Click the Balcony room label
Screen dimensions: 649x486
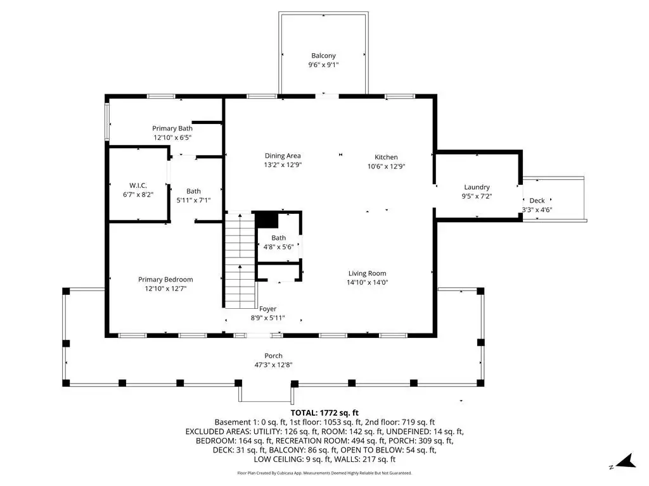pyautogui.click(x=323, y=56)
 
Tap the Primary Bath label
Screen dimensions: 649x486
pyautogui.click(x=172, y=128)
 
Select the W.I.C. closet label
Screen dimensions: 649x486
pyautogui.click(x=138, y=185)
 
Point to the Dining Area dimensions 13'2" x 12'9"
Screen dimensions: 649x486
pyautogui.click(x=283, y=165)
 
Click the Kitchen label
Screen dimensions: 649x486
pyautogui.click(x=386, y=157)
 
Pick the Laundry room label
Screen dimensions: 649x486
pyautogui.click(x=477, y=187)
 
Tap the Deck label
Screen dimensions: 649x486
pyautogui.click(x=537, y=201)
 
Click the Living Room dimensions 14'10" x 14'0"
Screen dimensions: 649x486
pyautogui.click(x=367, y=283)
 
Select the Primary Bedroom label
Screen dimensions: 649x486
pyautogui.click(x=165, y=279)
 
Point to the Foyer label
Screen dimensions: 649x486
pyautogui.click(x=268, y=309)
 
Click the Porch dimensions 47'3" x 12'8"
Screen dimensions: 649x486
pyautogui.click(x=273, y=365)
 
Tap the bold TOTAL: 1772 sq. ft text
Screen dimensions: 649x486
pyautogui.click(x=324, y=413)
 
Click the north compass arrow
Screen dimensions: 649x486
pyautogui.click(x=626, y=461)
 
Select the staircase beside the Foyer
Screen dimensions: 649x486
pyautogui.click(x=240, y=260)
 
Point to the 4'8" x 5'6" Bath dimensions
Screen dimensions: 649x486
pyautogui.click(x=279, y=247)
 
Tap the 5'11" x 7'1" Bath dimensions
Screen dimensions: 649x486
pyautogui.click(x=193, y=201)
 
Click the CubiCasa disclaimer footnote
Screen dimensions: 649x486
pyautogui.click(x=324, y=473)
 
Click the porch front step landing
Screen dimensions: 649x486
pyautogui.click(x=266, y=394)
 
